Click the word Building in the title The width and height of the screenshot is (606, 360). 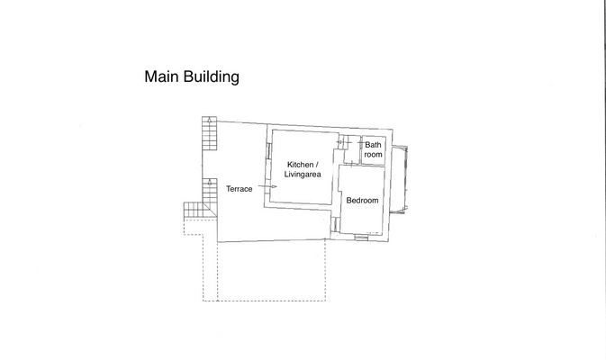(x=212, y=77)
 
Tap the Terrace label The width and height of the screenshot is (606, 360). (x=239, y=189)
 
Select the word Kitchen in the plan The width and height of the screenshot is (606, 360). (x=300, y=165)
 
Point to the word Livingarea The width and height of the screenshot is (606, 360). (x=303, y=175)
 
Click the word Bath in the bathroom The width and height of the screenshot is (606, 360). (x=373, y=145)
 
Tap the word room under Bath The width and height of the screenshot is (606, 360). (x=373, y=155)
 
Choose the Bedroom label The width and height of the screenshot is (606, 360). (x=362, y=200)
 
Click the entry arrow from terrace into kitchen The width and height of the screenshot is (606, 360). (x=268, y=186)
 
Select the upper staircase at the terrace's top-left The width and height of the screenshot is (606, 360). (x=210, y=137)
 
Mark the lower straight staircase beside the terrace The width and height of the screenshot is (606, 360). (x=210, y=191)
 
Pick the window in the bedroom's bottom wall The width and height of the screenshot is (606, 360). (x=361, y=236)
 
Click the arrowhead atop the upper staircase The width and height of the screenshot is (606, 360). (x=210, y=119)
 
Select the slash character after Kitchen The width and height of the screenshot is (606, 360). (x=317, y=165)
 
